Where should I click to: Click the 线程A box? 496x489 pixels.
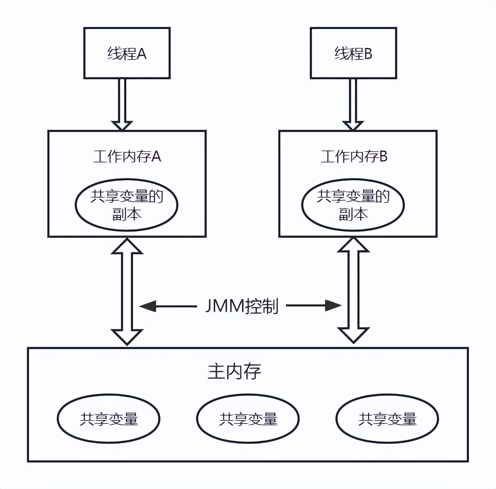point(127,53)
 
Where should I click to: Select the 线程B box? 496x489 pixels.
point(353,53)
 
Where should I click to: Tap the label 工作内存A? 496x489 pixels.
point(127,156)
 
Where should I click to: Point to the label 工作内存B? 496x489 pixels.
point(353,156)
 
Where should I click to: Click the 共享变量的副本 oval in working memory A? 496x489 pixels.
point(127,205)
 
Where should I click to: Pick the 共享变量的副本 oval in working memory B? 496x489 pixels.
point(353,205)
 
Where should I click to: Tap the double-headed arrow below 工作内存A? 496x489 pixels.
point(127,291)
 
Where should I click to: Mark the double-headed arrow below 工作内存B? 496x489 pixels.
point(353,291)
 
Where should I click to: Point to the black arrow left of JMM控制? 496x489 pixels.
point(168,306)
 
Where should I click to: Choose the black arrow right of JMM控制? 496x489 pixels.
point(314,306)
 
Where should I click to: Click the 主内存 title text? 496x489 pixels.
point(234,371)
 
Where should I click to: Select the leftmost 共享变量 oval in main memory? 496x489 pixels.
point(108,418)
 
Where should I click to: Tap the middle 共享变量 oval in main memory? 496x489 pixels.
point(248,418)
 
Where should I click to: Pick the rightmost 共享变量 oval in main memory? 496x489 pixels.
point(387,418)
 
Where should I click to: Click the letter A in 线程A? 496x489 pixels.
point(141,54)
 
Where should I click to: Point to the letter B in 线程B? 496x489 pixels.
point(368,54)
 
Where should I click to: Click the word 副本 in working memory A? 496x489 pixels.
point(127,214)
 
